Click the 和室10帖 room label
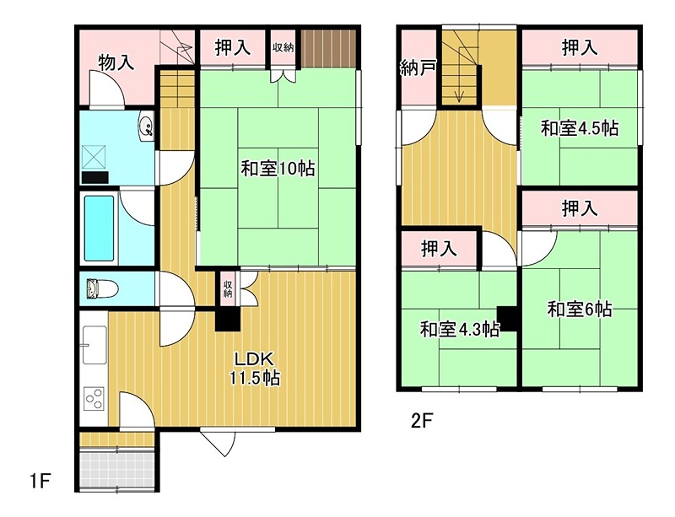278,169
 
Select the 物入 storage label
117,63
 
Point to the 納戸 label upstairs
418,68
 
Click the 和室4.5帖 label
579,129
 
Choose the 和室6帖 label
579,310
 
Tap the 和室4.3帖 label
459,329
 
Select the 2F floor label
423,419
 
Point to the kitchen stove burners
93,397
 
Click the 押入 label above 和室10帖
232,48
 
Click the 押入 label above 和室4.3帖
438,249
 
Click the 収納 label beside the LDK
228,289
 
